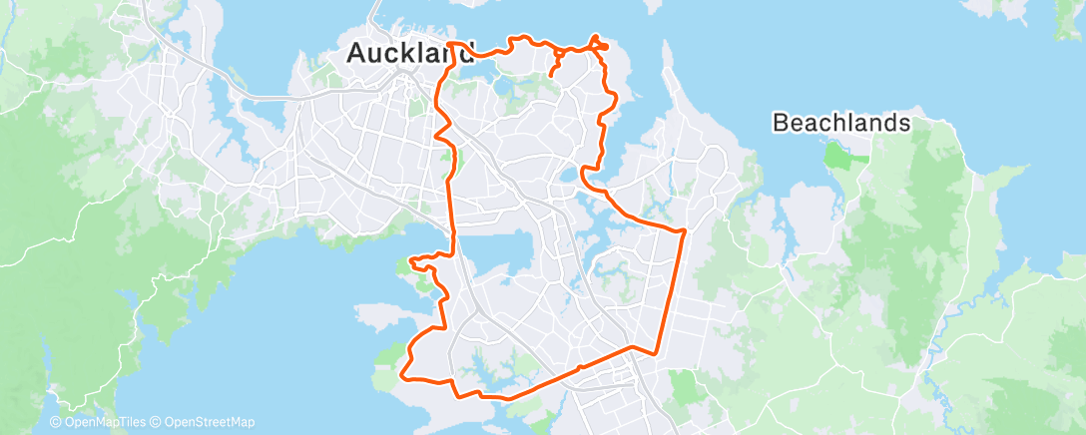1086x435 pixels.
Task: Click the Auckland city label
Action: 409,54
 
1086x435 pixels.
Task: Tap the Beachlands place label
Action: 842,123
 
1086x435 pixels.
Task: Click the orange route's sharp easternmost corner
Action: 685,231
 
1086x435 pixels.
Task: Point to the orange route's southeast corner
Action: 656,352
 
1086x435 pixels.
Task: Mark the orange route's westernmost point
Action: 402,375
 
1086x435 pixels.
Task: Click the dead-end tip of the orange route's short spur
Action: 552,75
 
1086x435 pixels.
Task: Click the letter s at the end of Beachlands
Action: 904,123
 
